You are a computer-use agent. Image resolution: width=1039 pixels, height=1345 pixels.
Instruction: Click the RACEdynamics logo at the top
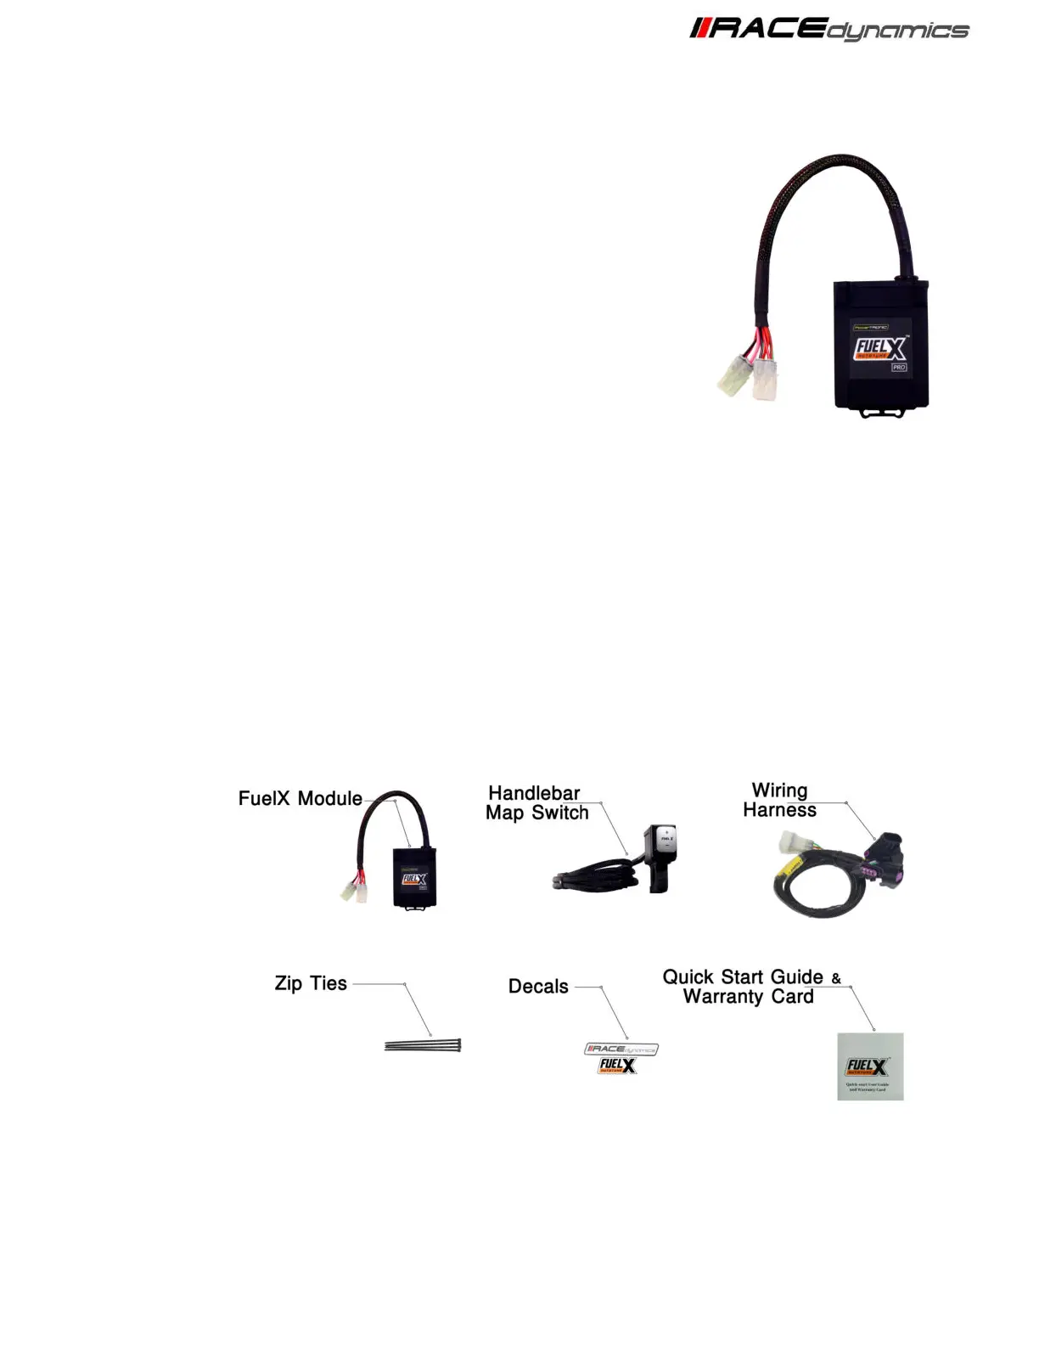(828, 30)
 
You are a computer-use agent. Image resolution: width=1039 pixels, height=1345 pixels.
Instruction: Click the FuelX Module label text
(300, 799)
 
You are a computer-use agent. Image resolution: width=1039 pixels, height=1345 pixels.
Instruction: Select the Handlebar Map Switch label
(536, 803)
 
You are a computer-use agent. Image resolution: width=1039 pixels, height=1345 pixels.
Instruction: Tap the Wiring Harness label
(779, 801)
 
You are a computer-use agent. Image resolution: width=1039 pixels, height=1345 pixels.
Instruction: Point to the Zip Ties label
(311, 983)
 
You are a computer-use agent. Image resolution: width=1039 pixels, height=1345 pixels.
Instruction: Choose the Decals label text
(538, 987)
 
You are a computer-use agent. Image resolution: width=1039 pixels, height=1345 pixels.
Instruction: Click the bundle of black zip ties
(422, 1045)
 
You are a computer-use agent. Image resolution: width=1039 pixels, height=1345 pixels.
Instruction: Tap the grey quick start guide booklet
(870, 1066)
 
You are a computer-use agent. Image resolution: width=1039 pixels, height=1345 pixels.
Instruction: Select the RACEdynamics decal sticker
(621, 1049)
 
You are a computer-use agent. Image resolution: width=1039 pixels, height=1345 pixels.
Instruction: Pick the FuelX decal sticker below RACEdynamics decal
(617, 1066)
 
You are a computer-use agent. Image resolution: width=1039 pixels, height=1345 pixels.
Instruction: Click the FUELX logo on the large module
(879, 349)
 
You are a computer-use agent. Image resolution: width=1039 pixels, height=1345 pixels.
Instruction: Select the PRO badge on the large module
(898, 368)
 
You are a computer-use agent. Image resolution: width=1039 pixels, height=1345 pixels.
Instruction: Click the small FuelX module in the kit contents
(414, 877)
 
